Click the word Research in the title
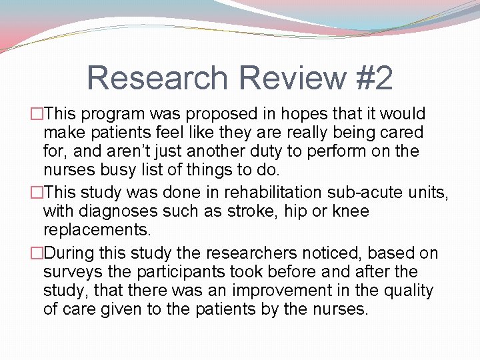click(158, 78)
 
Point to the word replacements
click(97, 230)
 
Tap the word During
click(73, 254)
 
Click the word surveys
click(69, 272)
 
